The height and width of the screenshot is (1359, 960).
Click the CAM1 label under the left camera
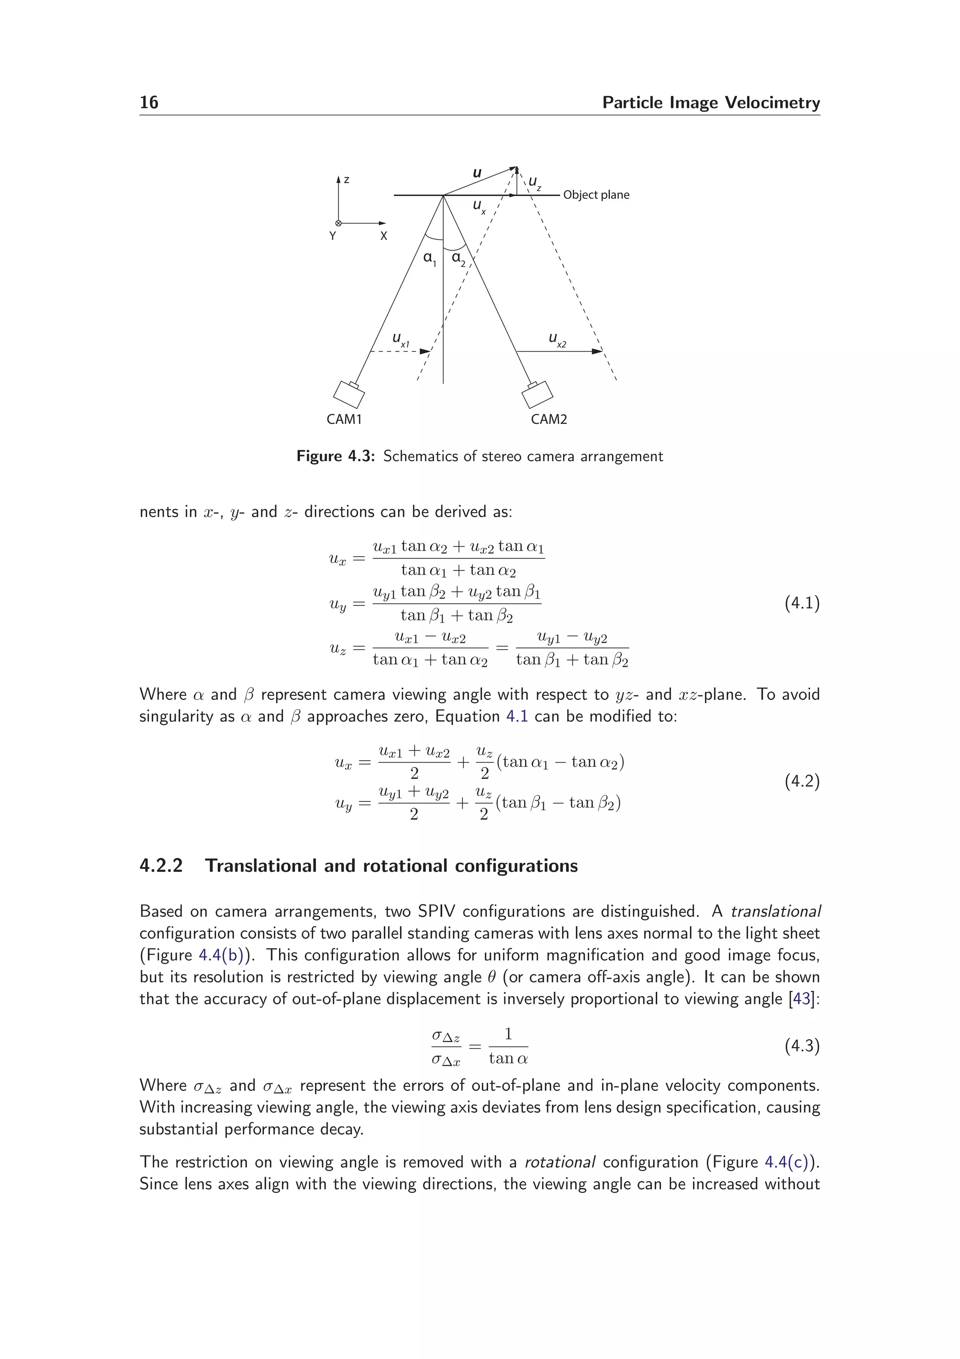pos(344,419)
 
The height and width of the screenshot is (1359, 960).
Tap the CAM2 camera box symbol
pos(537,394)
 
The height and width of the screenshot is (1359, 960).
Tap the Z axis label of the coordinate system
pos(346,179)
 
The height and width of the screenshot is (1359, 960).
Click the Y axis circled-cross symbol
pos(338,223)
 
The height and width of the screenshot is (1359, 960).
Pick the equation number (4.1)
pos(802,603)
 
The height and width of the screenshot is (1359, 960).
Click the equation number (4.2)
pos(802,781)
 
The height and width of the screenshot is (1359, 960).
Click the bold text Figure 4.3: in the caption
pos(335,456)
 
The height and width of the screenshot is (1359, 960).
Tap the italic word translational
pos(775,912)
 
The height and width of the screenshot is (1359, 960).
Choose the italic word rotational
pos(560,1162)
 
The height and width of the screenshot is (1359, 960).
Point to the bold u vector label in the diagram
pos(477,173)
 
